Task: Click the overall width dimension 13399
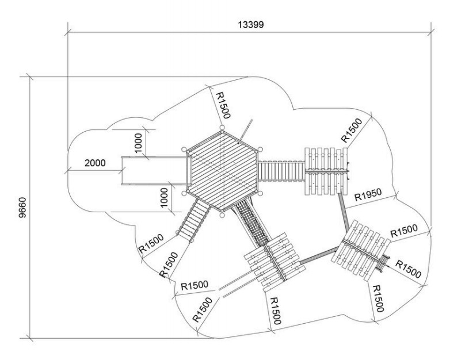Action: click(250, 25)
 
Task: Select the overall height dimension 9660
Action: click(22, 208)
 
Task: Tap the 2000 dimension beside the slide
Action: click(95, 163)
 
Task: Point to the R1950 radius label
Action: click(368, 194)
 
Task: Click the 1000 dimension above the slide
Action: click(138, 143)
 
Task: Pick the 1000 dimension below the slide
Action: click(163, 198)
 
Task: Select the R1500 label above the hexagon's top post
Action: click(223, 105)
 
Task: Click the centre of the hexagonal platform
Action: click(223, 170)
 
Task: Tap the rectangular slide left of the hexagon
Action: click(154, 171)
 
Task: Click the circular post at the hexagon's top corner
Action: click(222, 127)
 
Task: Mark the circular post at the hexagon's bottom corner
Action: click(222, 215)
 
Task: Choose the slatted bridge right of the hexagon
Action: click(281, 171)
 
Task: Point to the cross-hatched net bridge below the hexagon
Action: click(251, 223)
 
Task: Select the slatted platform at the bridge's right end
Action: click(326, 171)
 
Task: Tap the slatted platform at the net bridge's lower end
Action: click(274, 262)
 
